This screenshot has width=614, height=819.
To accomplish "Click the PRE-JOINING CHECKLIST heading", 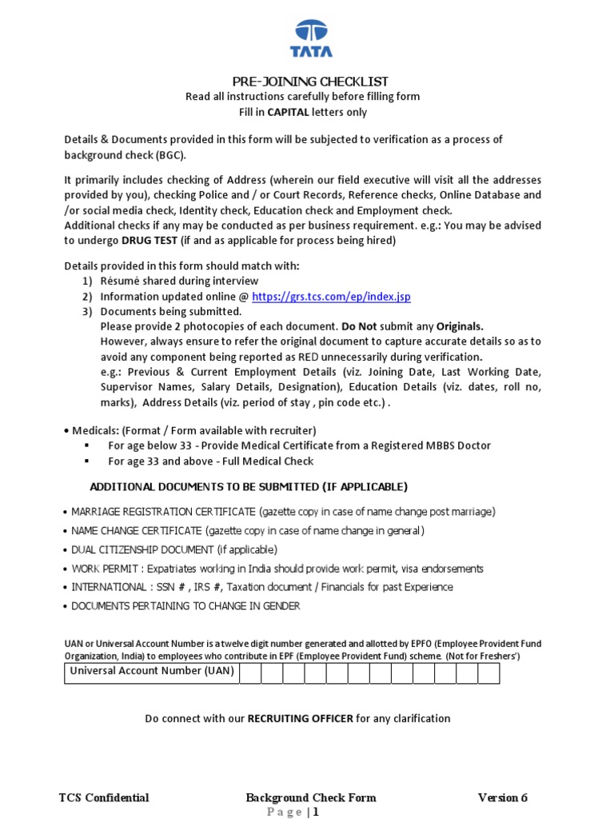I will click(310, 82).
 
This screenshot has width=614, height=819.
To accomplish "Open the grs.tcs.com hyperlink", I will click(331, 297).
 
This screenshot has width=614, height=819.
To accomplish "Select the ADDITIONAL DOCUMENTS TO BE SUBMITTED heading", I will click(249, 486).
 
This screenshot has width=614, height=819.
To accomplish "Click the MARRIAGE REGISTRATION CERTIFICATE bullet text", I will click(164, 512).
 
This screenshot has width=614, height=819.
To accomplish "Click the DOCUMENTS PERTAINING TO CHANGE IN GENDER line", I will click(185, 606).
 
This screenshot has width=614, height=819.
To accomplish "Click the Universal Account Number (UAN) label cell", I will click(152, 673).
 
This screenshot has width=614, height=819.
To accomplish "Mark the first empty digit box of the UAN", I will click(250, 673).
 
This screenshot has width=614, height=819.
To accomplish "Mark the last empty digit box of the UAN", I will click(488, 673).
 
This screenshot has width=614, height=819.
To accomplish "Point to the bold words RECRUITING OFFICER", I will click(300, 718).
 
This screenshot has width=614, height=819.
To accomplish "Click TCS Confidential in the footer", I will click(104, 797).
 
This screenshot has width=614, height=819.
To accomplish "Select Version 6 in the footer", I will click(502, 797).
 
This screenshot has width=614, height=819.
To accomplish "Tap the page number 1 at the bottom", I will click(316, 813).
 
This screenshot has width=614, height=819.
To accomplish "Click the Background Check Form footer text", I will click(310, 797).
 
